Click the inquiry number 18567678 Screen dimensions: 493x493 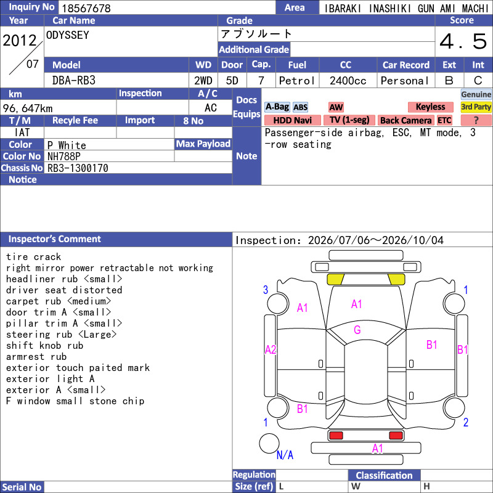pyautogui.click(x=86, y=8)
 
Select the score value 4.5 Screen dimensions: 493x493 pyautogui.click(x=463, y=41)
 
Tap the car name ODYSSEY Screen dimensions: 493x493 pyautogui.click(x=68, y=35)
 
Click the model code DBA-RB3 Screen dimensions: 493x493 pyautogui.click(x=73, y=81)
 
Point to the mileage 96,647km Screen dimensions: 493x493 pyautogui.click(x=28, y=108)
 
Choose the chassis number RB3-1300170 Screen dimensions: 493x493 pyautogui.click(x=78, y=168)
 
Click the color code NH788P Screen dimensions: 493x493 pyautogui.click(x=64, y=157)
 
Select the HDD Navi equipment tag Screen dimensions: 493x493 pyautogui.click(x=292, y=120)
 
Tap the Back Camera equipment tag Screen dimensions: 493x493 pyautogui.click(x=405, y=120)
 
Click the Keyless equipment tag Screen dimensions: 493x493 pyautogui.click(x=430, y=107)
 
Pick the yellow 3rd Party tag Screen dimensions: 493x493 pyautogui.click(x=476, y=107)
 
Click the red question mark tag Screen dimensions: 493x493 pyautogui.click(x=476, y=120)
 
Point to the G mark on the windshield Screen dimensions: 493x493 pyautogui.click(x=357, y=330)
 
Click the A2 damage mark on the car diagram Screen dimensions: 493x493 pyautogui.click(x=271, y=349)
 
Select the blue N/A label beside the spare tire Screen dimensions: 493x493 pyautogui.click(x=285, y=455)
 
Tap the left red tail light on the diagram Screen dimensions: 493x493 pyautogui.click(x=336, y=436)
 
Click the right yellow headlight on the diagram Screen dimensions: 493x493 pyautogui.click(x=396, y=279)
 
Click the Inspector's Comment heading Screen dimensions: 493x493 pyautogui.click(x=55, y=239)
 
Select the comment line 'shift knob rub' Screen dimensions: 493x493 pyautogui.click(x=44, y=346)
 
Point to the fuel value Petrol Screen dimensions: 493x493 pyautogui.click(x=296, y=81)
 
